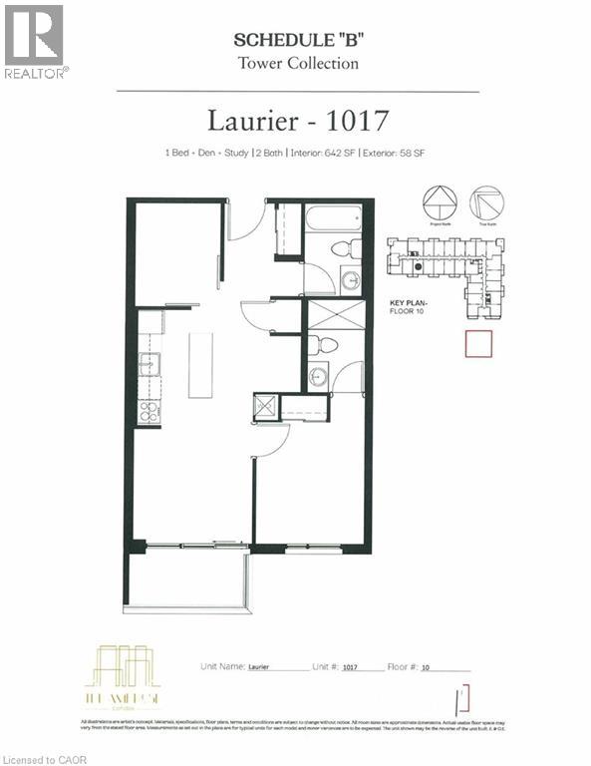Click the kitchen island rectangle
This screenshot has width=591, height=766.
point(201,365)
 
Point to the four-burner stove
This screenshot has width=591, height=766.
point(149,410)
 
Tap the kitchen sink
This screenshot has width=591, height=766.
point(149,363)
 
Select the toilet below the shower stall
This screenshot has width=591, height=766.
point(324,345)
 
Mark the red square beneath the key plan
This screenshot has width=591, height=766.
point(479,344)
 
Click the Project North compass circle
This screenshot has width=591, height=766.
point(440,202)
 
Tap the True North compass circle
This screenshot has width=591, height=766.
point(486,202)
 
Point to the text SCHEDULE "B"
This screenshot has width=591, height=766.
point(295,41)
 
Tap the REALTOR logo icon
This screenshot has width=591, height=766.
point(33,35)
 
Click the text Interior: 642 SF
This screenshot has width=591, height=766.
point(328,154)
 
